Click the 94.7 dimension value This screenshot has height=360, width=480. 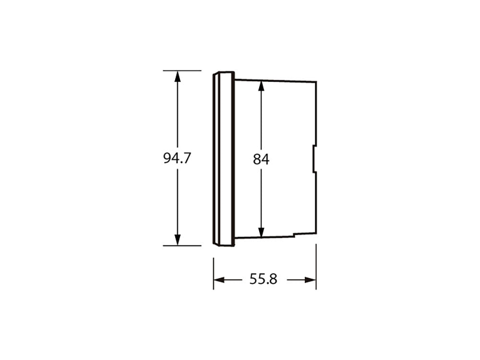[x=177, y=158]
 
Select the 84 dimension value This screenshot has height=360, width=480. [x=261, y=159]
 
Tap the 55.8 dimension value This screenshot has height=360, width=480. [x=263, y=279]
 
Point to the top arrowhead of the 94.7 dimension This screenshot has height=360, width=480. [x=177, y=76]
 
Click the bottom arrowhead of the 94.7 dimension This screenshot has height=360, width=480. [x=177, y=240]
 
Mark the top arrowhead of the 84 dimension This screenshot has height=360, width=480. [x=261, y=86]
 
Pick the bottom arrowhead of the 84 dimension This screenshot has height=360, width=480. [x=261, y=232]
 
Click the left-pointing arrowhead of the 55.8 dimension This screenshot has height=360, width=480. [x=219, y=280]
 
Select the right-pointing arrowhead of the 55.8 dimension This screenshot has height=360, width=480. [x=310, y=280]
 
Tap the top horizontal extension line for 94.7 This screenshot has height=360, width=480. [x=182, y=71]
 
